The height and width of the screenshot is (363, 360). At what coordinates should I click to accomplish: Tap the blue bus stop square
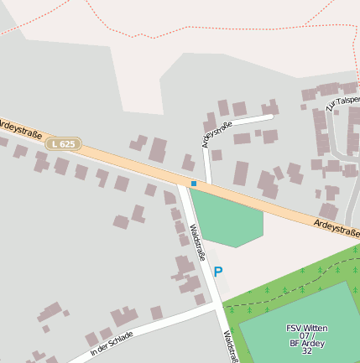(194, 183)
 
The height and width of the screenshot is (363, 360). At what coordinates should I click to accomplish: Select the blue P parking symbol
(218, 272)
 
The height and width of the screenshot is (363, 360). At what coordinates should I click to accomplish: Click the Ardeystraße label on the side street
(217, 134)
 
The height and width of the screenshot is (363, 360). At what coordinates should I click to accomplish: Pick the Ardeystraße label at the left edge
(14, 127)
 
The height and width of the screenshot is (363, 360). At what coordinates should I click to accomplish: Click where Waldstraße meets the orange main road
(184, 183)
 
